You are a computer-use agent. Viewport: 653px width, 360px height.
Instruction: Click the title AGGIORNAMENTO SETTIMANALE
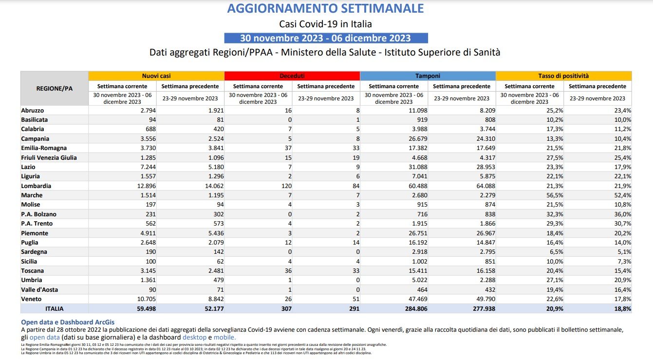click(x=325, y=8)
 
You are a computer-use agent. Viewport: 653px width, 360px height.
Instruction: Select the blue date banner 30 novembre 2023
click(x=325, y=38)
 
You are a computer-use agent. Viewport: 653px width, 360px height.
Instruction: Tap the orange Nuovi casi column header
click(x=156, y=76)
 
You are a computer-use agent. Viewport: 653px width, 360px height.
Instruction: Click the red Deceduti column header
click(x=292, y=76)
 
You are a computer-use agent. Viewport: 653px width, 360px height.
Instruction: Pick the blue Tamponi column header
click(x=428, y=76)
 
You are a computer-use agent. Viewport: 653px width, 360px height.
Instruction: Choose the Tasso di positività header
click(x=563, y=76)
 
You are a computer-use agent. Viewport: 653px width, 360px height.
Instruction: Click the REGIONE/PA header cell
click(x=55, y=88)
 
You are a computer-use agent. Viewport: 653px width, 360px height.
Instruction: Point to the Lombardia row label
click(x=36, y=186)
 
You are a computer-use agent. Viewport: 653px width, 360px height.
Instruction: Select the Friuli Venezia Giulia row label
click(x=49, y=158)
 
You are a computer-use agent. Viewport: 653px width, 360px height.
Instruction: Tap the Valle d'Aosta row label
click(x=39, y=290)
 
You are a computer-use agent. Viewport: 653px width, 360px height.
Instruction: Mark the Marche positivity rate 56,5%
click(x=554, y=195)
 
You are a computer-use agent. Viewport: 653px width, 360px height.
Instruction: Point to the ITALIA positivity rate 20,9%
click(x=554, y=309)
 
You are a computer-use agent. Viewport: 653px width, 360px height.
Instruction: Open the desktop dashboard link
click(x=194, y=337)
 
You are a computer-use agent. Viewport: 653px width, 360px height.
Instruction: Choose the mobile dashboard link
click(x=225, y=337)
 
